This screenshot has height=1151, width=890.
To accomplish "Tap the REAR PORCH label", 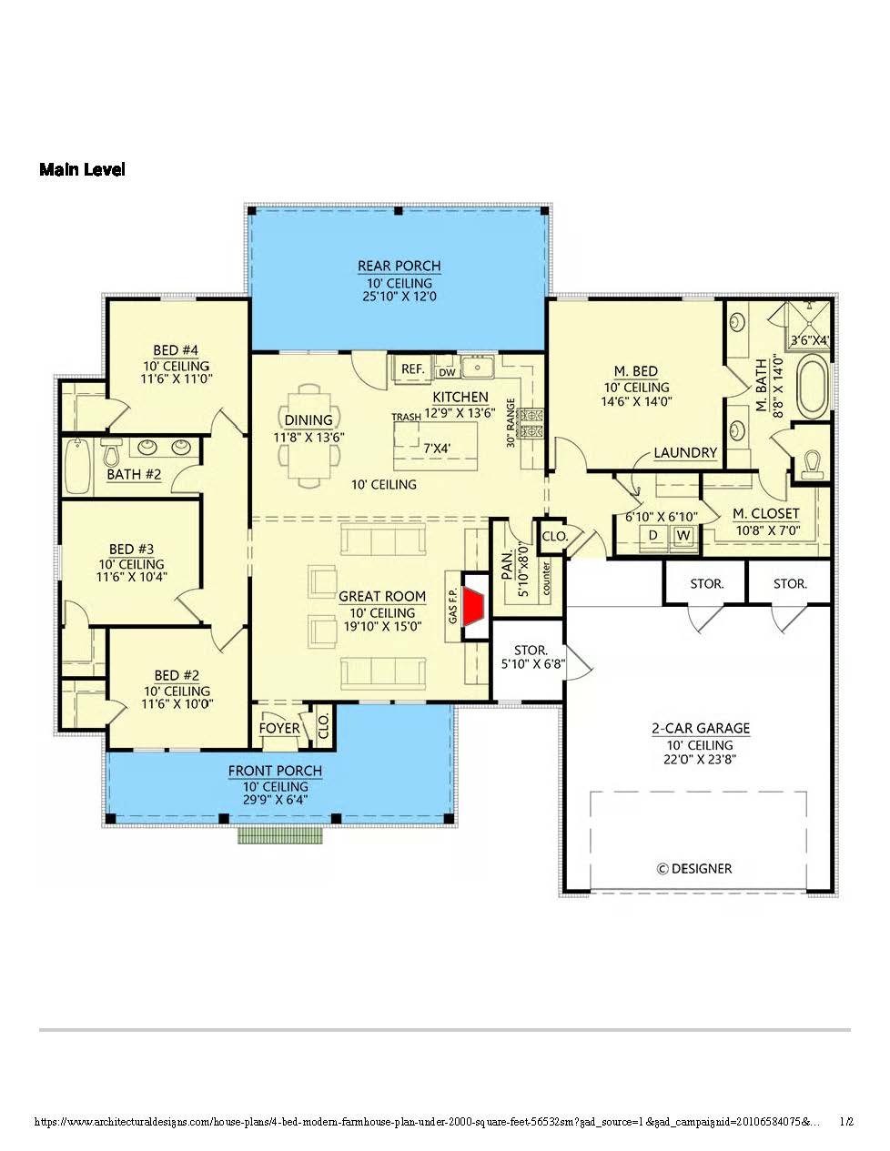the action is point(399,266).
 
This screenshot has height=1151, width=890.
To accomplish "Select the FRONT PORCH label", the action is point(275,772).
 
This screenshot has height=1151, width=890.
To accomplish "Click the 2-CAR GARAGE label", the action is point(701,728).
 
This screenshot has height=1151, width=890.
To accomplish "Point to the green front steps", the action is point(279,835).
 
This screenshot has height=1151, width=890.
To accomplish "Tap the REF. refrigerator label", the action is point(412,369).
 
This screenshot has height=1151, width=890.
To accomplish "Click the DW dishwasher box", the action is point(447,372).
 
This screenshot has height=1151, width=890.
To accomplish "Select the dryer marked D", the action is point(653,536).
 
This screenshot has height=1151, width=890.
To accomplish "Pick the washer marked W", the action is point(684,536).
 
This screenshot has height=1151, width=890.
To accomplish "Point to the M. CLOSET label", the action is point(765,513).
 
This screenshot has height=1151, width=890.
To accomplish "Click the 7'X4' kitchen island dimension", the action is point(437,449).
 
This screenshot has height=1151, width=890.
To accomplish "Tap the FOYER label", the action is point(279,728).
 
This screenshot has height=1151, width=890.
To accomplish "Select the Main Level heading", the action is point(82,169).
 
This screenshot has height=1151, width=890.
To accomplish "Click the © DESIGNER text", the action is point(694,869).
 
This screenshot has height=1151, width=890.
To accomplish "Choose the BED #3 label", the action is point(131,550).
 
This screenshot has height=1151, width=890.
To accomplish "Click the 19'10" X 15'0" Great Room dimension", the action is point(382,627).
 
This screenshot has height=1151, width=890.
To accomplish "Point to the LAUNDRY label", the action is point(685,452).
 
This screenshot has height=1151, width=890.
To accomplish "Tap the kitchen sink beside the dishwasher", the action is point(478,367).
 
